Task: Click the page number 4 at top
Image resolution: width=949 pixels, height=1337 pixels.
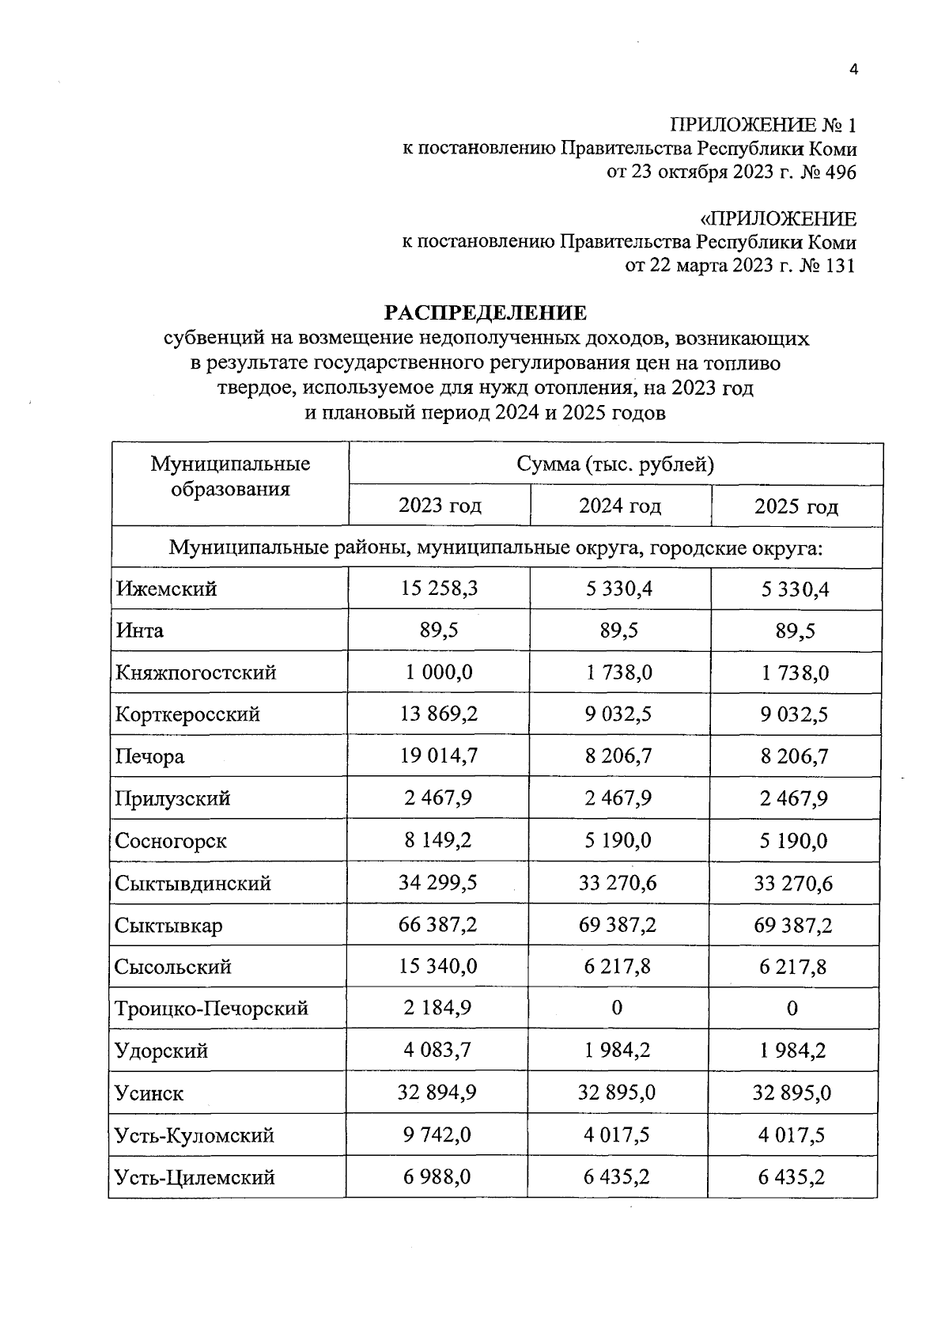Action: (853, 70)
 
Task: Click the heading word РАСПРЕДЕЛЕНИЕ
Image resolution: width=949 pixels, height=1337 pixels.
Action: (486, 313)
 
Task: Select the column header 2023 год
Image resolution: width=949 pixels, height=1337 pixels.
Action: (440, 506)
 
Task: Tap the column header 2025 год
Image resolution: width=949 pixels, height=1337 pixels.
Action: (796, 506)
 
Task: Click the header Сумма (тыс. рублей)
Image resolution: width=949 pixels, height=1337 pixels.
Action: (615, 464)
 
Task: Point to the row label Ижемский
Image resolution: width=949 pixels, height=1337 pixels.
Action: (166, 589)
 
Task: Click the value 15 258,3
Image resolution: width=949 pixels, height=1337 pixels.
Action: (438, 589)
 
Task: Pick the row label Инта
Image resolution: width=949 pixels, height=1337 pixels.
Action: (140, 631)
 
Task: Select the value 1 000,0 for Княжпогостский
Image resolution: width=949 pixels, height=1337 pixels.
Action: (438, 672)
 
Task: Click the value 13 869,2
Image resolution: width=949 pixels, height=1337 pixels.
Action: (438, 714)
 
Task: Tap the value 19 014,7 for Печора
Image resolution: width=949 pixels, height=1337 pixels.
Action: (438, 756)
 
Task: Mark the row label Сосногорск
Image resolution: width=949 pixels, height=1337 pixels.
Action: (171, 841)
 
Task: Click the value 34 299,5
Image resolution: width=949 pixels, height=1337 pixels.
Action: (438, 883)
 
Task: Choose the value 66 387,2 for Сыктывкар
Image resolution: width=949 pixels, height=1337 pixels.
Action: (438, 925)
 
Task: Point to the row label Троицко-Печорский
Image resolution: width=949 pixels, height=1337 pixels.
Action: (212, 1009)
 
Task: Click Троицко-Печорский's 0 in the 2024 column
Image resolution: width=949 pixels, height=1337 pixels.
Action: (617, 1008)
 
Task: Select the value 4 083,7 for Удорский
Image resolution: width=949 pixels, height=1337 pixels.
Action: (438, 1051)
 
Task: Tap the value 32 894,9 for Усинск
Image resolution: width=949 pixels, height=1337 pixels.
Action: (438, 1093)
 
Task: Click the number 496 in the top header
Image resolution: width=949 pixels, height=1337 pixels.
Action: (840, 173)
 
